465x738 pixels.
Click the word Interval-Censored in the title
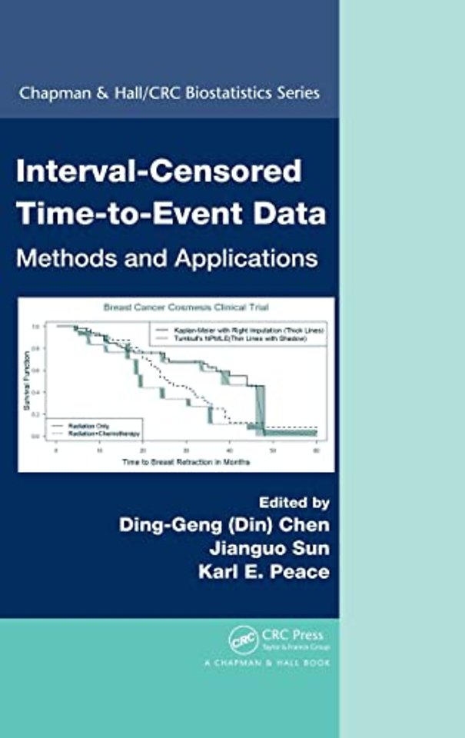pos(160,171)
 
